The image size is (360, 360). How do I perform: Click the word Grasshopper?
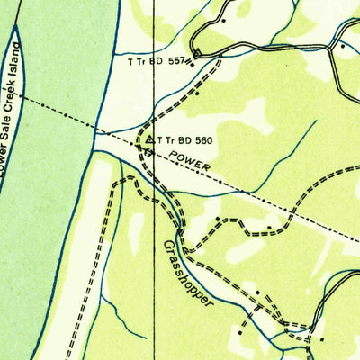(x=190, y=274)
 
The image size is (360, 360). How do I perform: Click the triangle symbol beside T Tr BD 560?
(x=149, y=140)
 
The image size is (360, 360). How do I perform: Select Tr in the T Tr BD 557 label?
(x=142, y=61)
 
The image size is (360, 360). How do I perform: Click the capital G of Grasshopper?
(x=168, y=244)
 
